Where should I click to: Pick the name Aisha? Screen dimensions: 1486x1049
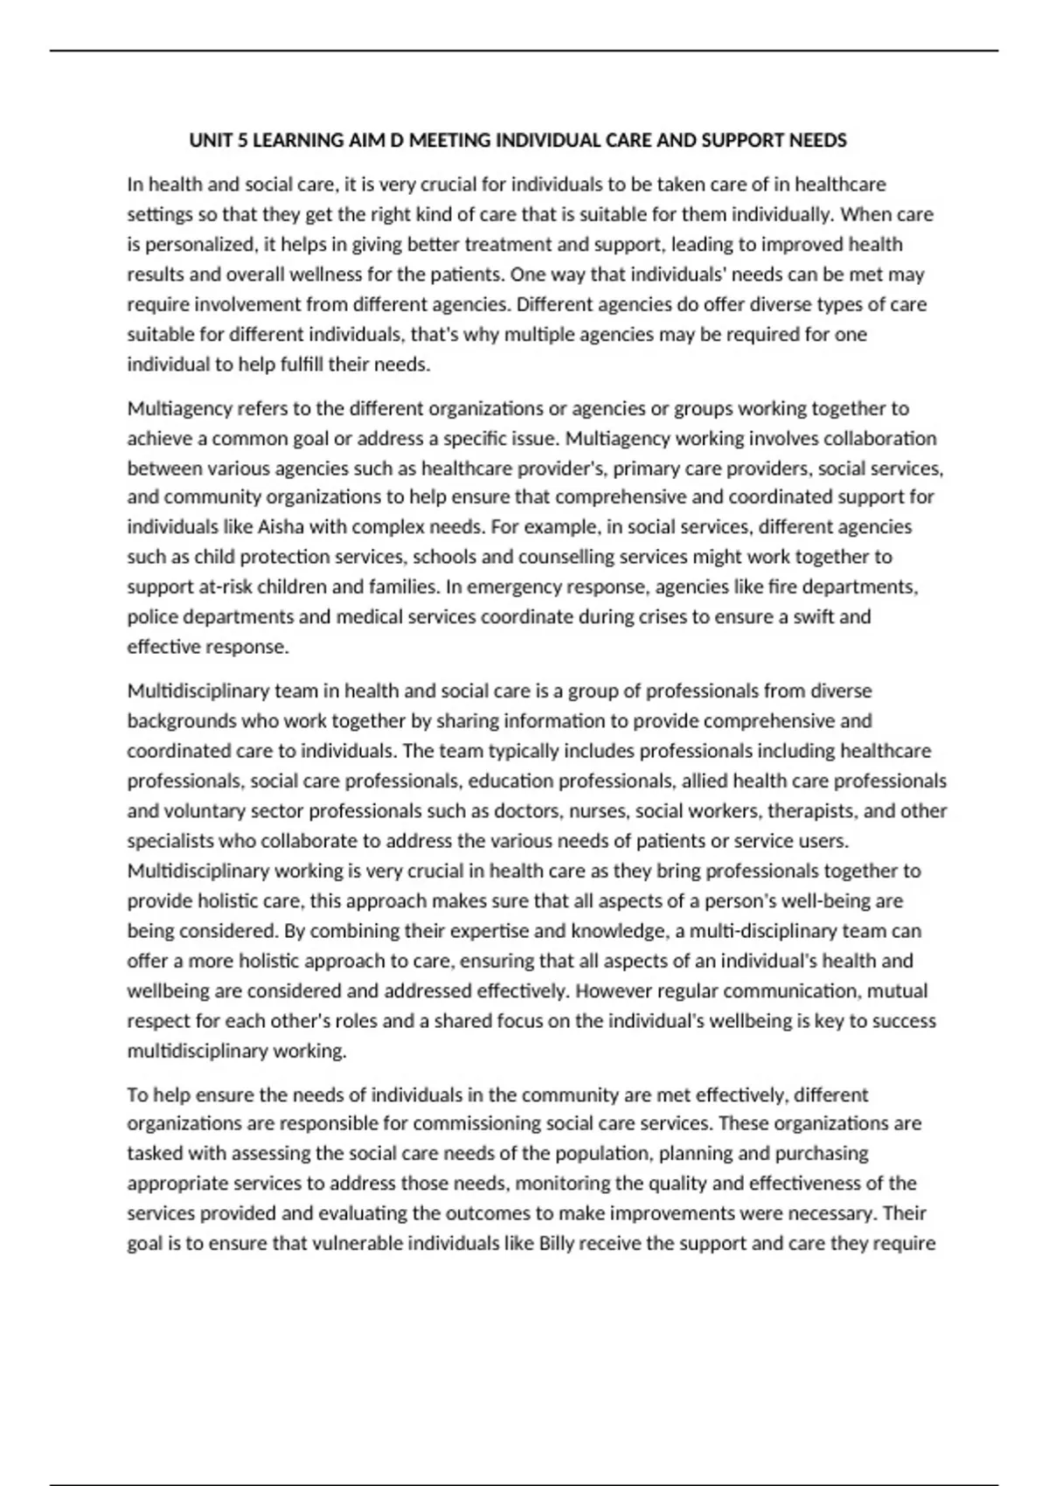point(280,527)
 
